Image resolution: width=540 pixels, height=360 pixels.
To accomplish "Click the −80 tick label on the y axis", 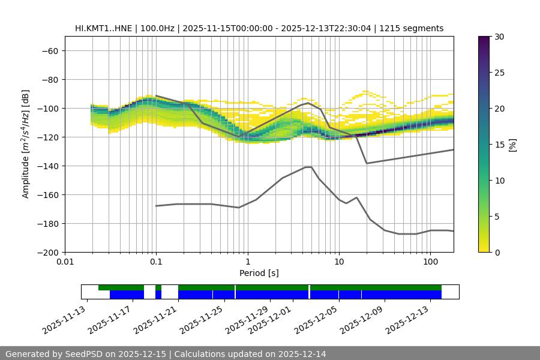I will [49, 80].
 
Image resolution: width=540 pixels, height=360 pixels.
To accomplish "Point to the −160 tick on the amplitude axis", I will [49, 195].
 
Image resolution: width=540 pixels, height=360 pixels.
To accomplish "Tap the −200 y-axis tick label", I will [49, 253].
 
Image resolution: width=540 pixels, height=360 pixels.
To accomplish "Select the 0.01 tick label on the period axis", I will [65, 262].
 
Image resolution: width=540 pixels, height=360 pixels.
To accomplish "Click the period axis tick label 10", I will [339, 262].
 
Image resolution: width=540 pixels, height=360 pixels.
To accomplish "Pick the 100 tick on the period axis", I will [430, 262].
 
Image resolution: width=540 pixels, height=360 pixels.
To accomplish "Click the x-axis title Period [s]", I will [259, 273].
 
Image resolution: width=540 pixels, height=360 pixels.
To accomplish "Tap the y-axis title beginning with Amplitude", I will [26, 144].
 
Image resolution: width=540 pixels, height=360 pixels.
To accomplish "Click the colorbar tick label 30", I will [499, 37].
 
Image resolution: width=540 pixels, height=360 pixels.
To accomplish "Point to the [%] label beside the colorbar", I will [512, 145].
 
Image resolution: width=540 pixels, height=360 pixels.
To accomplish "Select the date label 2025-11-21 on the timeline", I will [157, 320].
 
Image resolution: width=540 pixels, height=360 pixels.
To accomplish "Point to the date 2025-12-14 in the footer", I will [298, 354].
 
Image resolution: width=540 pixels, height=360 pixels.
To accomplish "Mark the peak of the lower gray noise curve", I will [308, 167].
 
